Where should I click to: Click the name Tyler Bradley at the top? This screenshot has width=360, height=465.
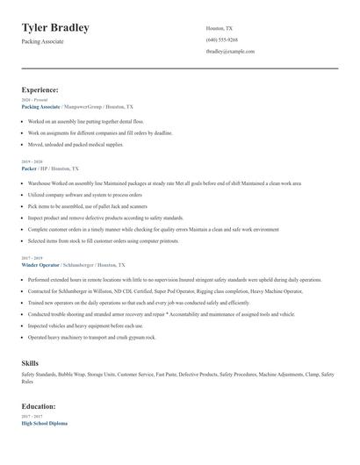(x=55, y=27)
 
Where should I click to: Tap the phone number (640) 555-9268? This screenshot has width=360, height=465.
(x=221, y=39)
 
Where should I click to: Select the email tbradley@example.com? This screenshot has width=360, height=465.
(x=230, y=51)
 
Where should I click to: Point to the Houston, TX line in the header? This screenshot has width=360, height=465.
(x=219, y=28)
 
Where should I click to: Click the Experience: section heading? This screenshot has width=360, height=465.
(x=40, y=89)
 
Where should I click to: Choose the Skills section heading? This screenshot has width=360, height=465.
(x=30, y=361)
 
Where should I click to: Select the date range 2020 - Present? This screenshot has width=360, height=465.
(x=33, y=100)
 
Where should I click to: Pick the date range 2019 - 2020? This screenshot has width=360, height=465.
(x=32, y=161)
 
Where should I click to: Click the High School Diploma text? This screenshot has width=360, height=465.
(x=44, y=423)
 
